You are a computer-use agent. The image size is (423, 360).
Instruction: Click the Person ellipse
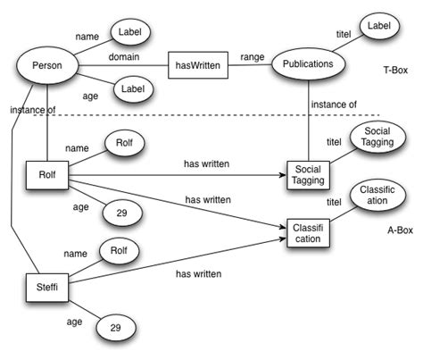46,66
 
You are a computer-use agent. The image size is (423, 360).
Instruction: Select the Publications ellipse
308,64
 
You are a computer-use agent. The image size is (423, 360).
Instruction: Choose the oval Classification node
375,197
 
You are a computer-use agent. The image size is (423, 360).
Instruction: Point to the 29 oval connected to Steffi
115,328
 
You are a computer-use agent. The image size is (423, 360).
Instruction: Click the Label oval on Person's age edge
132,89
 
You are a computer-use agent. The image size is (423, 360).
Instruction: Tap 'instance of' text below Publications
334,105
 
